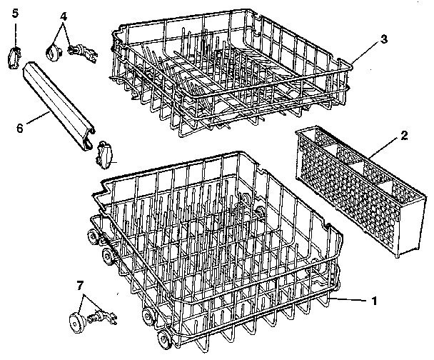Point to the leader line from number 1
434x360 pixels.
point(350,301)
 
